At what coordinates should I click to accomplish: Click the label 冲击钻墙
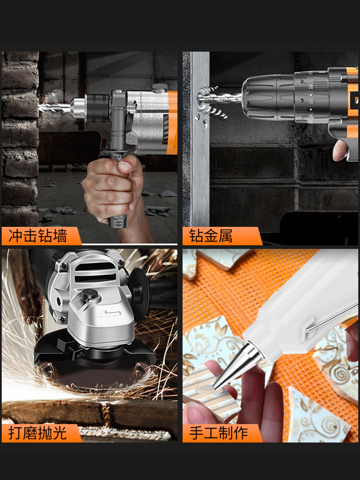tap(37, 236)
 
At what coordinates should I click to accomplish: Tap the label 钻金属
tap(211, 236)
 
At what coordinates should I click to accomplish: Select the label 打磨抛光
tap(37, 433)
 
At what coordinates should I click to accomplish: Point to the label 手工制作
tap(218, 433)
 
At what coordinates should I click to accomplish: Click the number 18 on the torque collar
tap(311, 86)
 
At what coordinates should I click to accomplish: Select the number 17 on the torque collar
tap(311, 100)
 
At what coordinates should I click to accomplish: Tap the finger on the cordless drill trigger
tap(340, 150)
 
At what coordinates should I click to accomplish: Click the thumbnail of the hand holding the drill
tap(125, 167)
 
